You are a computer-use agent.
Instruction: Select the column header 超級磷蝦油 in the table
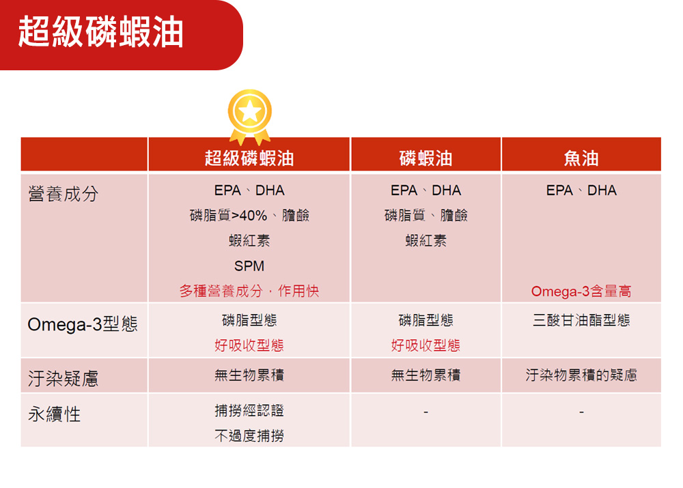249,158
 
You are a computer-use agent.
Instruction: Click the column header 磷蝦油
426,158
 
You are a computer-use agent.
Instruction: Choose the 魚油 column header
581,158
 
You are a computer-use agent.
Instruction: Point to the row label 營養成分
63,194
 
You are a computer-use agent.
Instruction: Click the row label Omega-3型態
83,324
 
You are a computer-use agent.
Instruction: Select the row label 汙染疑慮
63,378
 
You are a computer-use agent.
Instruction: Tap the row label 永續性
55,414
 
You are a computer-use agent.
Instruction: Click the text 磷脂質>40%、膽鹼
249,215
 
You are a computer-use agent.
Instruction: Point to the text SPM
249,266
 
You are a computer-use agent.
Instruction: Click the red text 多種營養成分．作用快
249,291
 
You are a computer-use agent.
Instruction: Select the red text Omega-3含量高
581,291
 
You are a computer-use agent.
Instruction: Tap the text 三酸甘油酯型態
581,320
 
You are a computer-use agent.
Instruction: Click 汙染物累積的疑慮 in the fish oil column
581,375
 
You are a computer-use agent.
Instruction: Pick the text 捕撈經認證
249,410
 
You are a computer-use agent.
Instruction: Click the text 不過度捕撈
249,435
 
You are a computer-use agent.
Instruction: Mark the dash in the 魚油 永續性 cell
581,412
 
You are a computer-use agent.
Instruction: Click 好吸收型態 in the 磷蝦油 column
426,345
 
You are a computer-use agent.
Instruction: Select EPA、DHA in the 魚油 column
581,190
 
